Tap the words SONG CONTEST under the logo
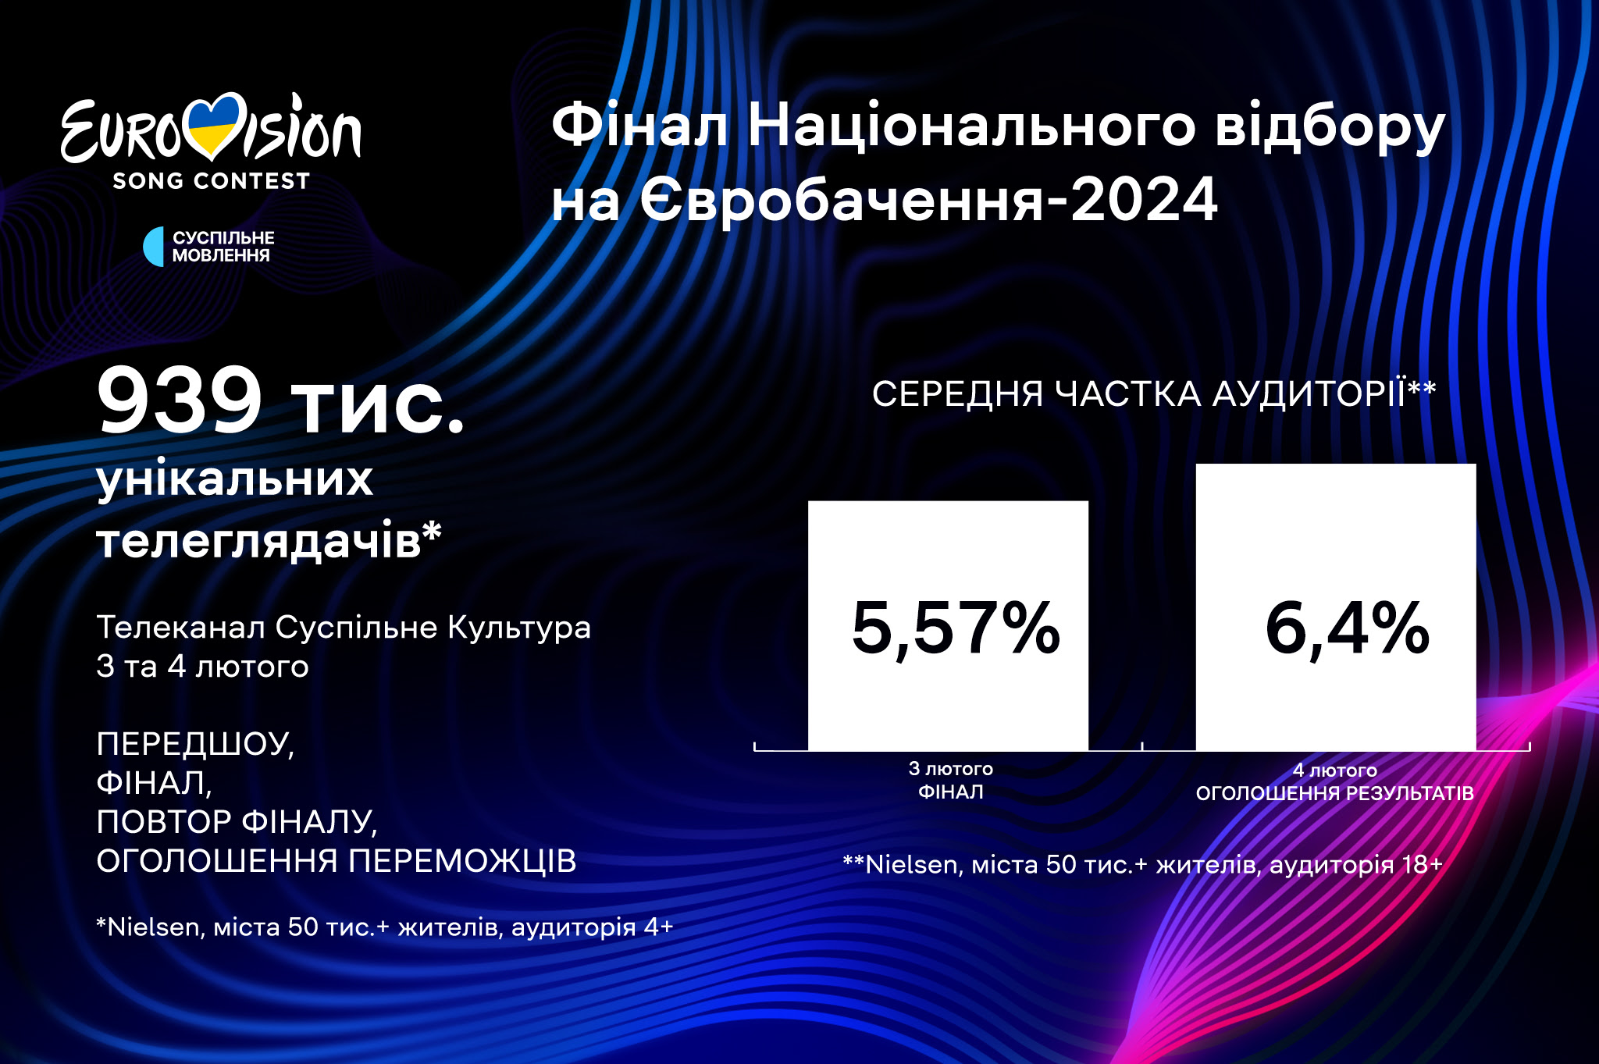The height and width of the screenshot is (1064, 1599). [x=211, y=181]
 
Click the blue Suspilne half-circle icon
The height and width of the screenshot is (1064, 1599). [x=154, y=247]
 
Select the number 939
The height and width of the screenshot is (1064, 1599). [x=179, y=400]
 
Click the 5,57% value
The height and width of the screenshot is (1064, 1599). [x=956, y=628]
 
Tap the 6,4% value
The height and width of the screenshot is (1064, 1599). [x=1347, y=628]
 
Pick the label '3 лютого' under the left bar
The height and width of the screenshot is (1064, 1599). [x=950, y=769]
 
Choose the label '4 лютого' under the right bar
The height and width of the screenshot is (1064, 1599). [x=1335, y=770]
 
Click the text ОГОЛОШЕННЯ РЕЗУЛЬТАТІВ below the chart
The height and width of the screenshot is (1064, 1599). [x=1335, y=793]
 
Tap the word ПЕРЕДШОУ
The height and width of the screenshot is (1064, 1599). [x=195, y=744]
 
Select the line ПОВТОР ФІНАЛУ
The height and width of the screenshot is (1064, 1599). [x=237, y=822]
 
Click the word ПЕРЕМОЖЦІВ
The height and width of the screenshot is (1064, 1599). [x=462, y=861]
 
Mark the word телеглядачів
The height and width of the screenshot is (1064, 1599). [x=258, y=540]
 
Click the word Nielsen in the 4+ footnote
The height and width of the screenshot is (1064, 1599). [x=153, y=927]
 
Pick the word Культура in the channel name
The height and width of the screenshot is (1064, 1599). [x=519, y=628]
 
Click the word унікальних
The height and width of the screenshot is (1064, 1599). [x=235, y=480]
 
